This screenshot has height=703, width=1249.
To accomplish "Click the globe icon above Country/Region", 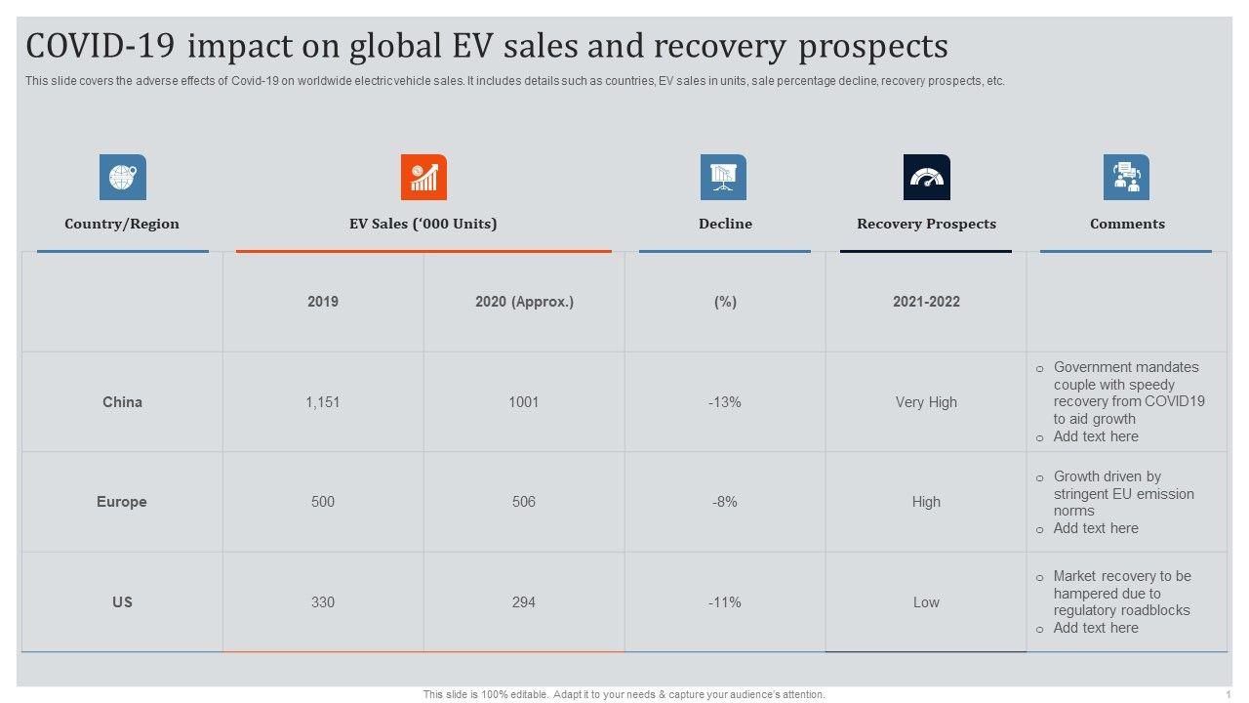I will (123, 178).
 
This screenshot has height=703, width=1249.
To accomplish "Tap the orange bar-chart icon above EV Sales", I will (423, 178).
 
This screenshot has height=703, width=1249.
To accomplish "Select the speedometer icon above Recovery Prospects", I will (926, 178).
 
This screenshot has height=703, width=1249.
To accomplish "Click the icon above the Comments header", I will (1126, 178).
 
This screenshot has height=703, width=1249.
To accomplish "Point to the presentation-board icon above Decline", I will (723, 178).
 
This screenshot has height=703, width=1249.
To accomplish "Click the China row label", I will (122, 402).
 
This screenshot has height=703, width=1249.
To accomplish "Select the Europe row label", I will (122, 502).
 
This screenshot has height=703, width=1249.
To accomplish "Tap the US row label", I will (122, 602).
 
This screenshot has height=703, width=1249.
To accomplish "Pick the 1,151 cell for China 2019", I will (323, 402).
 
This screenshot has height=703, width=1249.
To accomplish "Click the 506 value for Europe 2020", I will (524, 502).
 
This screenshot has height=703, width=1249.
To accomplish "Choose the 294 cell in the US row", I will (524, 602).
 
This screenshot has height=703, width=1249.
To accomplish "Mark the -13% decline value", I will (725, 402).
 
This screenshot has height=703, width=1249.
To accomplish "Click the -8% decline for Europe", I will (725, 502).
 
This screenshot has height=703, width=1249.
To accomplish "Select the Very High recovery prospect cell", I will (926, 402).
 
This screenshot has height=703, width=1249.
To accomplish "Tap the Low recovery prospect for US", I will (926, 602).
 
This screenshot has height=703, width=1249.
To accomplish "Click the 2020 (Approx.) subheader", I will (524, 302).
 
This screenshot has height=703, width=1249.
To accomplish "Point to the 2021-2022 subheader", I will (926, 302).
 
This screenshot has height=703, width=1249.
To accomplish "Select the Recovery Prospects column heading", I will (926, 224).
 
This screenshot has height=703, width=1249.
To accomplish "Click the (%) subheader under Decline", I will (725, 302).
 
